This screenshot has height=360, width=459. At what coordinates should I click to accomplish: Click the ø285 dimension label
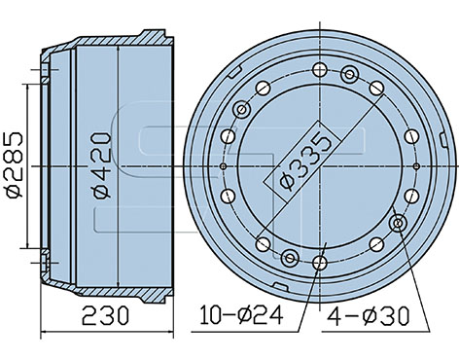coord(15,164)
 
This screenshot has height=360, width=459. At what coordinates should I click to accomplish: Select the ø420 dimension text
coord(102,164)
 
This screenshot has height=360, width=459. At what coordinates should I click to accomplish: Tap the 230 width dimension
coord(105,316)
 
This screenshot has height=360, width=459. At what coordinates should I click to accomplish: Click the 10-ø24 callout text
coord(241,315)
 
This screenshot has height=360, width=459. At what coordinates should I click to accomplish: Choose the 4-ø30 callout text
coord(369,316)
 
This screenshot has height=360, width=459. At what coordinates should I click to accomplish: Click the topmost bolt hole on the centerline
coord(320,70)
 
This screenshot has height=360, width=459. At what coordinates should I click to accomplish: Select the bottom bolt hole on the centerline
coord(320,263)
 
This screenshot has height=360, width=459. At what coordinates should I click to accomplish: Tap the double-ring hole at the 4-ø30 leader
coord(398,223)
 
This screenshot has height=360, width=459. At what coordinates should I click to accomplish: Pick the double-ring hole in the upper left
coord(242,109)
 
